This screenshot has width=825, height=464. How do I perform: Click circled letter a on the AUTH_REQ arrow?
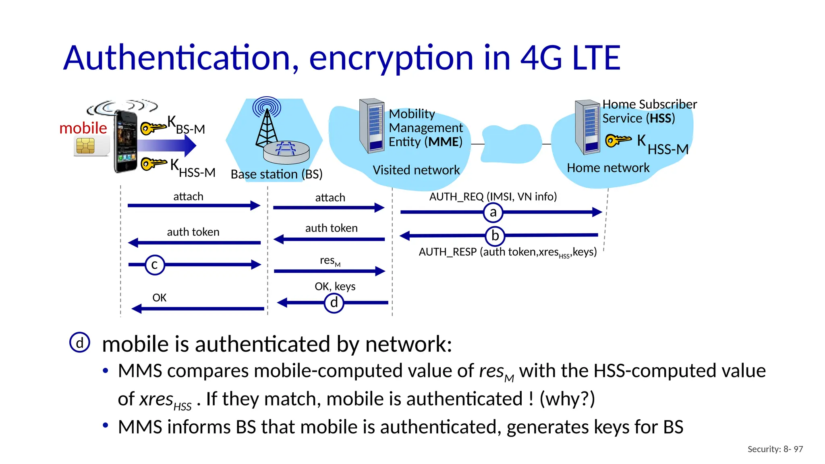pyautogui.click(x=493, y=213)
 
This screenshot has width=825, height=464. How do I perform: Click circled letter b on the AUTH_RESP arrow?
pyautogui.click(x=495, y=236)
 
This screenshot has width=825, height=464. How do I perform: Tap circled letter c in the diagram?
pyautogui.click(x=155, y=265)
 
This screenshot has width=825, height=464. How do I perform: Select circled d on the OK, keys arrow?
pyautogui.click(x=334, y=303)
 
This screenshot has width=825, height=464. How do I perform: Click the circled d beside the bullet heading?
pyautogui.click(x=80, y=343)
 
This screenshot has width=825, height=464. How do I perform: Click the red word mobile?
pyautogui.click(x=83, y=128)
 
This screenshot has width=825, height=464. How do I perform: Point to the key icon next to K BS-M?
pyautogui.click(x=153, y=128)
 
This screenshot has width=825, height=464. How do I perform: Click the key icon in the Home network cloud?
pyautogui.click(x=618, y=140)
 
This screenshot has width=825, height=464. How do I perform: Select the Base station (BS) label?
pyautogui.click(x=276, y=174)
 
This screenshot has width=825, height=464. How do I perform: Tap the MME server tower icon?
pyautogui.click(x=371, y=126)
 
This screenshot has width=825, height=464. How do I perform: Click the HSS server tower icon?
pyautogui.click(x=587, y=127)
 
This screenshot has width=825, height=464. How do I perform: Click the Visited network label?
pyautogui.click(x=416, y=170)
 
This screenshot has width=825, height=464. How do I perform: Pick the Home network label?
pyautogui.click(x=608, y=168)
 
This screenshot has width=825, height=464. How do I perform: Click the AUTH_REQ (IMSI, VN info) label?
pyautogui.click(x=493, y=197)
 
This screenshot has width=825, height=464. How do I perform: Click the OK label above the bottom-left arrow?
pyautogui.click(x=159, y=298)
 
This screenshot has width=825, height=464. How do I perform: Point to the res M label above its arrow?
pyautogui.click(x=330, y=261)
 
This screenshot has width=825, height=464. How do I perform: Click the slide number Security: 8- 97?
pyautogui.click(x=775, y=449)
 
